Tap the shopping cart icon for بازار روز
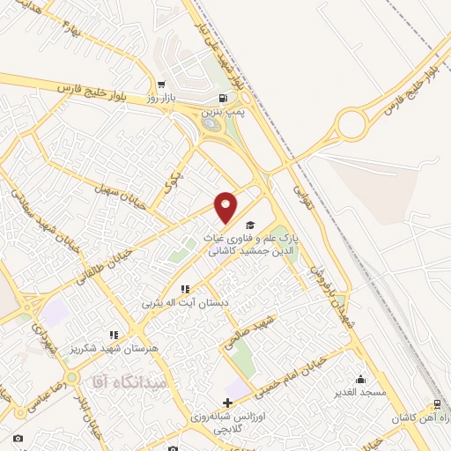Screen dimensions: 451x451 (x=159, y=83)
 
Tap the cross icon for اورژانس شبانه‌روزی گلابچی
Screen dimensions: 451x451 (x=228, y=403)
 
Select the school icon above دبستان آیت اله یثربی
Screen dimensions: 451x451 (x=185, y=289)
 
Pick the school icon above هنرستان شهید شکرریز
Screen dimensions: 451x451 (x=114, y=335)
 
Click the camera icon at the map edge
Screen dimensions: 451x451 (x=18, y=438)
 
